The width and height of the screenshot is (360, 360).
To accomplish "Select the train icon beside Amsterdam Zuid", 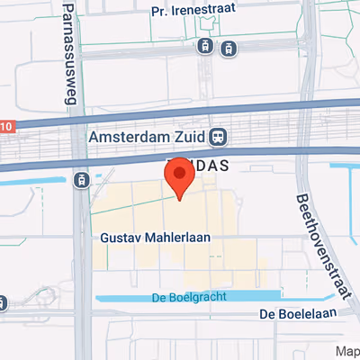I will coord(217,138).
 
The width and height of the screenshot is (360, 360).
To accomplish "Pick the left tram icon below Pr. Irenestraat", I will coord(206,46).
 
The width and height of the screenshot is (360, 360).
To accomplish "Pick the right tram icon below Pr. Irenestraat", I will coord(229,47).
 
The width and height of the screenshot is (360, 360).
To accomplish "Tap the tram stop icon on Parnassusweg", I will coord(83,180).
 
